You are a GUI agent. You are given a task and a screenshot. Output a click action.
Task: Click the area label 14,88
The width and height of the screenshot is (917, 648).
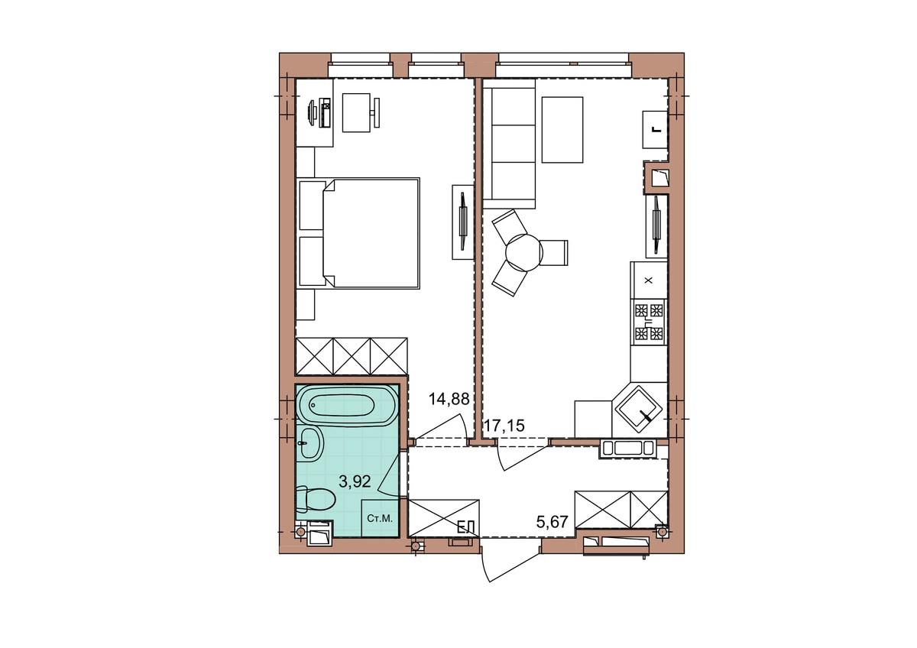tap(449, 398)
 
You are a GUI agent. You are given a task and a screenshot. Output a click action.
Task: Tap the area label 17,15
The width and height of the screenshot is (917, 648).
tap(504, 426)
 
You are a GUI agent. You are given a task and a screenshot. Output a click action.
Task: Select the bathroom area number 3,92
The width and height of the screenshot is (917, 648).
tap(355, 481)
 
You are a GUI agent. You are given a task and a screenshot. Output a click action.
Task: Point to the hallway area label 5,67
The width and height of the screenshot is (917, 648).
tap(552, 522)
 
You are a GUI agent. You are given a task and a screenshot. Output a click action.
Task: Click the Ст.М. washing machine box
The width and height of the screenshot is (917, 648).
tap(380, 518)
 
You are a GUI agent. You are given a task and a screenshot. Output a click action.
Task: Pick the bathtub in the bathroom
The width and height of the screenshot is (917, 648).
tap(347, 406)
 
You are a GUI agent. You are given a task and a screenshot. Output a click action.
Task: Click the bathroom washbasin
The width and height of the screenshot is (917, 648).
tap(310, 445)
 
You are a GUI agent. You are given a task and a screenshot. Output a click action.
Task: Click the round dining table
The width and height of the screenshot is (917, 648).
tap(524, 253)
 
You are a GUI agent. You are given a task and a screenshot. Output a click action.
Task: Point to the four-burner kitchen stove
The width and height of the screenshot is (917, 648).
tap(649, 322)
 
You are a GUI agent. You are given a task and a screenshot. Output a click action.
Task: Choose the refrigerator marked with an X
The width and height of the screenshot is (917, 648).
tap(649, 280)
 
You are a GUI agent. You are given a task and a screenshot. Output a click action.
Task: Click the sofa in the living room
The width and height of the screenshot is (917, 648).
tap(509, 144)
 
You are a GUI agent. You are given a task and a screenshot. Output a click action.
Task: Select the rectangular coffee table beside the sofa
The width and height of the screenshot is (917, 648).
tap(562, 130)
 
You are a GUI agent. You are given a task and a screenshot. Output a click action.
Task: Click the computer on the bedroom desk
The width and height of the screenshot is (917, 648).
tap(319, 112)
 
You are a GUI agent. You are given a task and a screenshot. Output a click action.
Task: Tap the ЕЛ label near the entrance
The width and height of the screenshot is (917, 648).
tap(465, 527)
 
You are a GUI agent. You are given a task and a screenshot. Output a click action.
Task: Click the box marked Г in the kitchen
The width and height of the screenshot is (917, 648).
tap(655, 129)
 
